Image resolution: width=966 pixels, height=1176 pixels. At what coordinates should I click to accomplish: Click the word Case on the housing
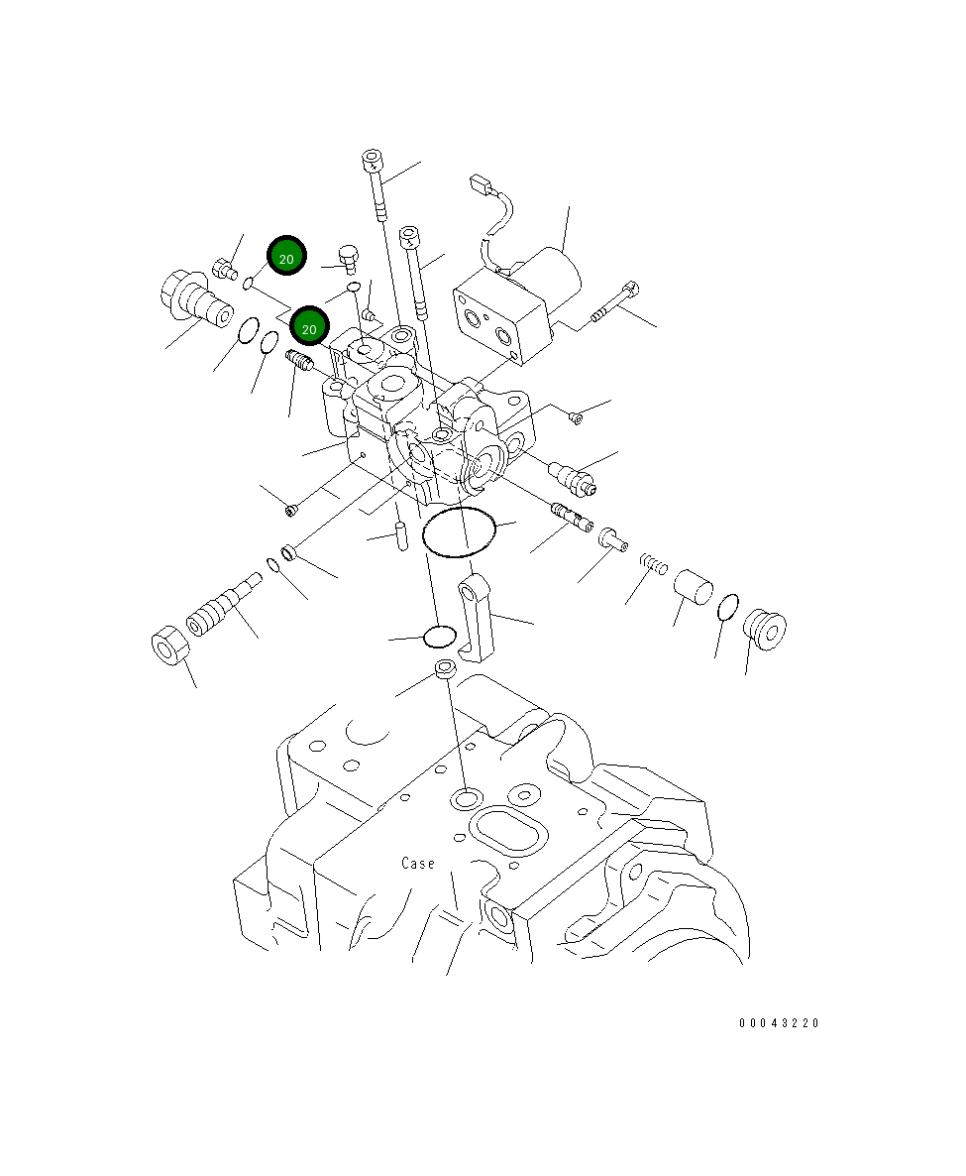[x=418, y=864]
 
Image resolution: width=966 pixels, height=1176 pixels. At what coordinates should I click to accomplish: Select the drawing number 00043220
[x=779, y=1023]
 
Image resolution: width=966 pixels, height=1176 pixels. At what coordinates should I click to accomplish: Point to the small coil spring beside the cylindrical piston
[x=651, y=563]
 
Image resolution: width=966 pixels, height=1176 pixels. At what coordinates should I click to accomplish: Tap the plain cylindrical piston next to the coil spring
[x=694, y=587]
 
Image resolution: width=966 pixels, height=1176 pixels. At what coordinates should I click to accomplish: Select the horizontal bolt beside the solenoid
[x=616, y=302]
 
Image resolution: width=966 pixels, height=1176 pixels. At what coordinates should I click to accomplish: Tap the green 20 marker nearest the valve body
[x=308, y=325]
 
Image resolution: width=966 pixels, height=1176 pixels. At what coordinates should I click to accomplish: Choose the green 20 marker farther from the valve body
[x=286, y=258]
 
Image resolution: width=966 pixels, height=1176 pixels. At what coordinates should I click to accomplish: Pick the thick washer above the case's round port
[x=446, y=670]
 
